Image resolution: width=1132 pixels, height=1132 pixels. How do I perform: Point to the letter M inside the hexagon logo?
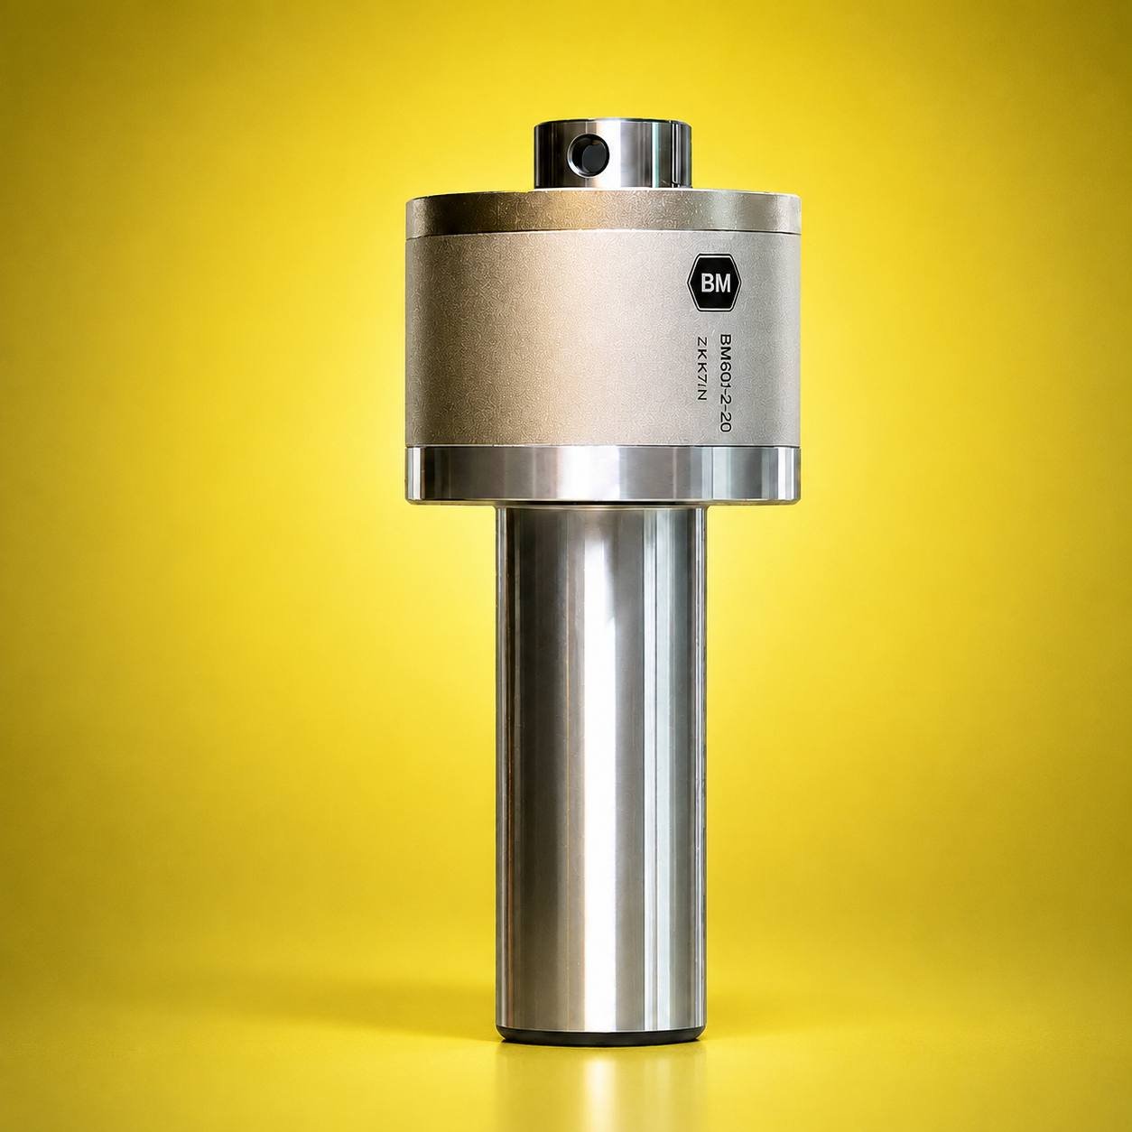point(721,283)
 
